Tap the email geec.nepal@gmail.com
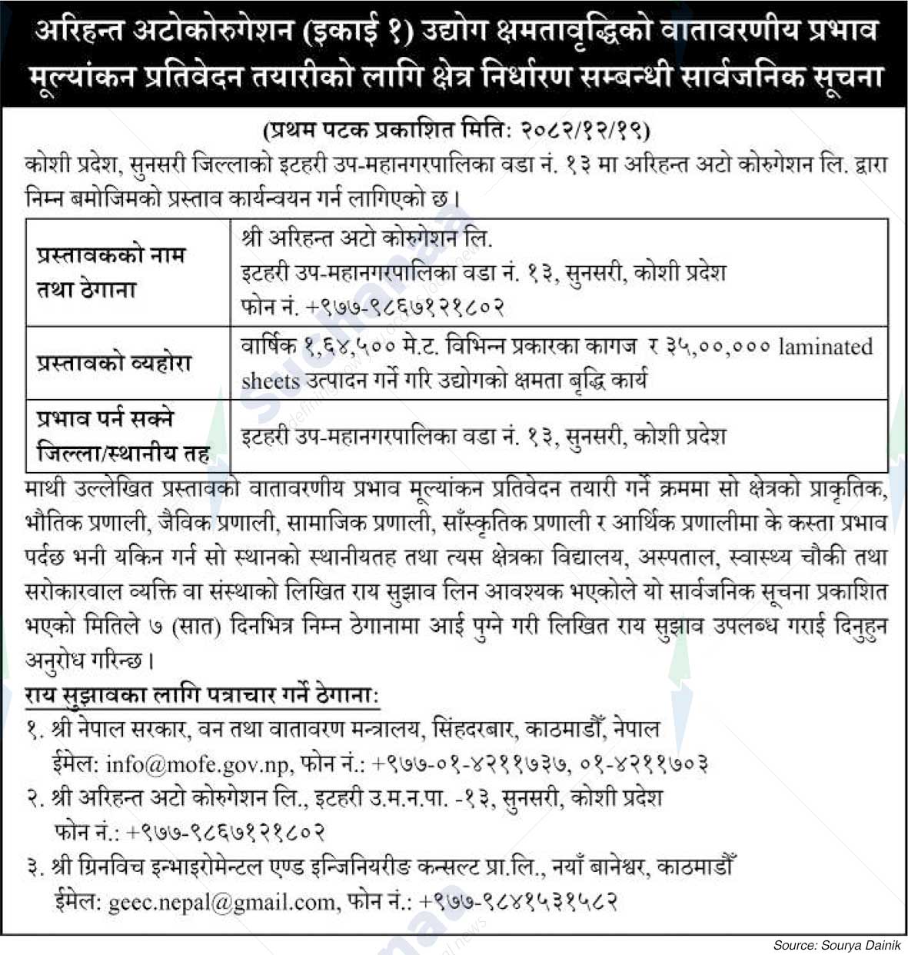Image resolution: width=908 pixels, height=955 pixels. [x=223, y=901]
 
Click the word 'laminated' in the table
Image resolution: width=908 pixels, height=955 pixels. [x=826, y=347]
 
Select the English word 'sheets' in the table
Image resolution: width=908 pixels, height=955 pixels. [x=271, y=381]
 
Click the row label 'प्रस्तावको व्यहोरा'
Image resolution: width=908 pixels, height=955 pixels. [x=114, y=363]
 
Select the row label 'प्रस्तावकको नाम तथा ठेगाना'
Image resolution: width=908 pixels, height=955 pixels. [x=111, y=272]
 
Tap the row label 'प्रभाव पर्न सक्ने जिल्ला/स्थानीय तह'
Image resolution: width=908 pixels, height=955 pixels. [x=123, y=436]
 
